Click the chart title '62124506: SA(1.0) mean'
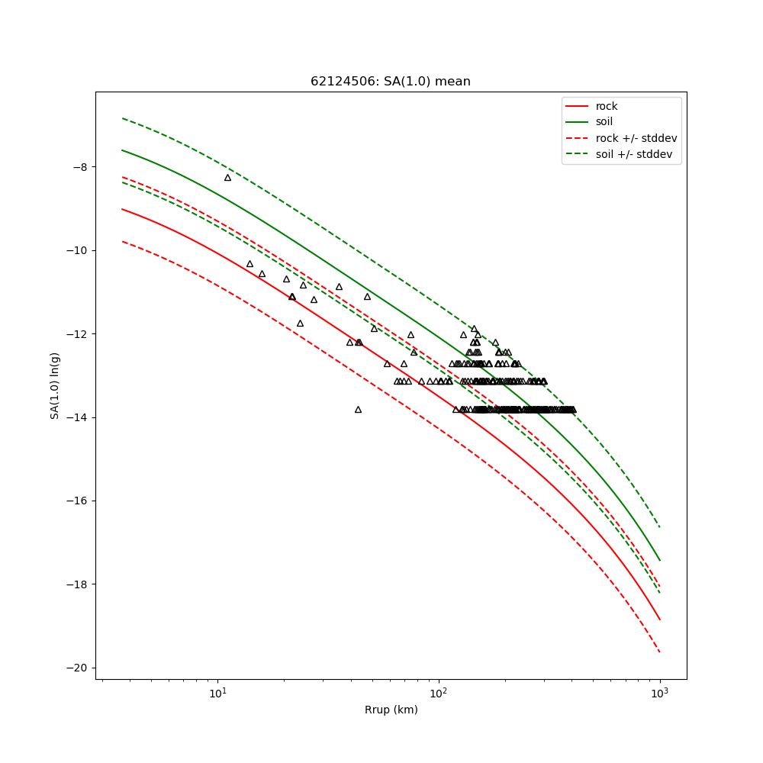390,82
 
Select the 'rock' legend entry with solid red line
607,106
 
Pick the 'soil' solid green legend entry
604,121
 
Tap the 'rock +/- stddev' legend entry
636,138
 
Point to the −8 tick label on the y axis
79,167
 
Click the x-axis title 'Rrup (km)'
391,710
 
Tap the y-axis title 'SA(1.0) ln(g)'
55,385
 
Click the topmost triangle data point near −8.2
227,177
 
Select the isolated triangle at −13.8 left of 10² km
358,410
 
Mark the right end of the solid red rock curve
659,619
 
